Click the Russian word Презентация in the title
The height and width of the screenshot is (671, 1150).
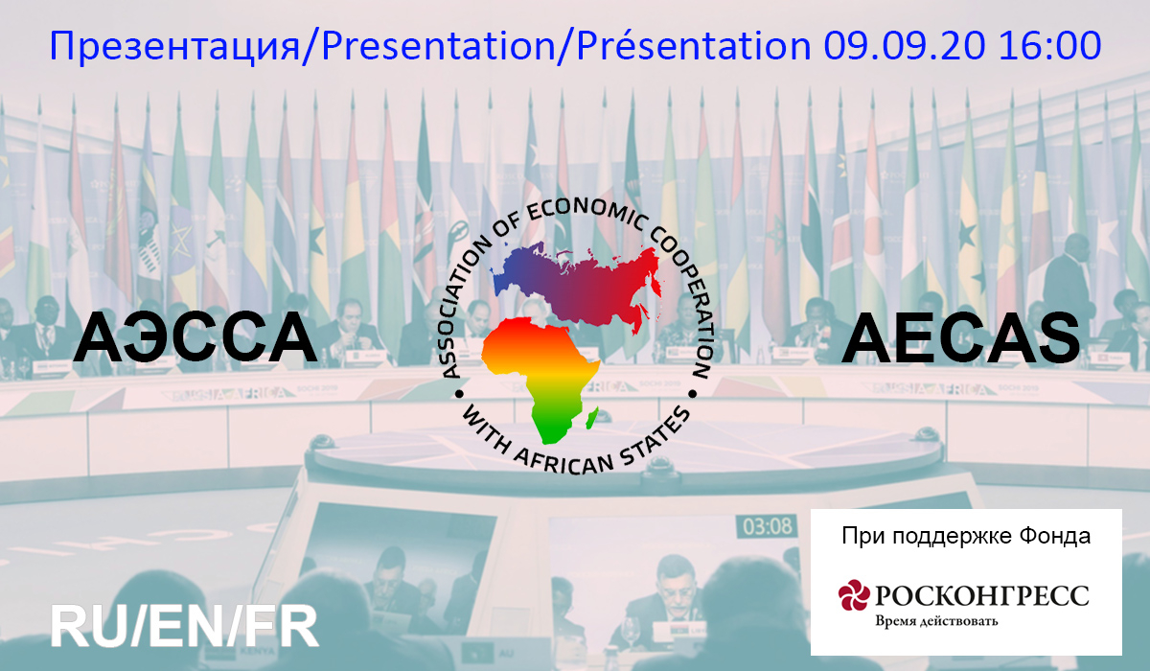[174, 46]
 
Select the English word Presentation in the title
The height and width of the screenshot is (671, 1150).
[439, 45]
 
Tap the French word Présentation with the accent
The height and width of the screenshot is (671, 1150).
[694, 45]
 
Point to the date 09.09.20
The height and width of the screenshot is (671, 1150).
[905, 45]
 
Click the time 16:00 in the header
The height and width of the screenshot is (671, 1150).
[1050, 45]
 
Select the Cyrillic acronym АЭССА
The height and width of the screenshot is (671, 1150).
[195, 337]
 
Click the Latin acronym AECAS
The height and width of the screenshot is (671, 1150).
[960, 337]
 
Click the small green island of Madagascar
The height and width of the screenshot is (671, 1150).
[592, 418]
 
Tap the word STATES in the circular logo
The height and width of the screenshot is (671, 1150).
[657, 437]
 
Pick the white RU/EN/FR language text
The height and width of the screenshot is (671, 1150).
[185, 627]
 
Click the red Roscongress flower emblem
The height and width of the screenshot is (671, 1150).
[854, 595]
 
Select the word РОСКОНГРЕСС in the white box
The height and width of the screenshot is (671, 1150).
[981, 595]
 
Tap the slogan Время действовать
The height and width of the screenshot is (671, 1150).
[936, 621]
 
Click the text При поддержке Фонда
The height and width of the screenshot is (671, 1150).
[966, 536]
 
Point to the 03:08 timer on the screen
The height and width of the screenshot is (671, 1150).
[768, 526]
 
